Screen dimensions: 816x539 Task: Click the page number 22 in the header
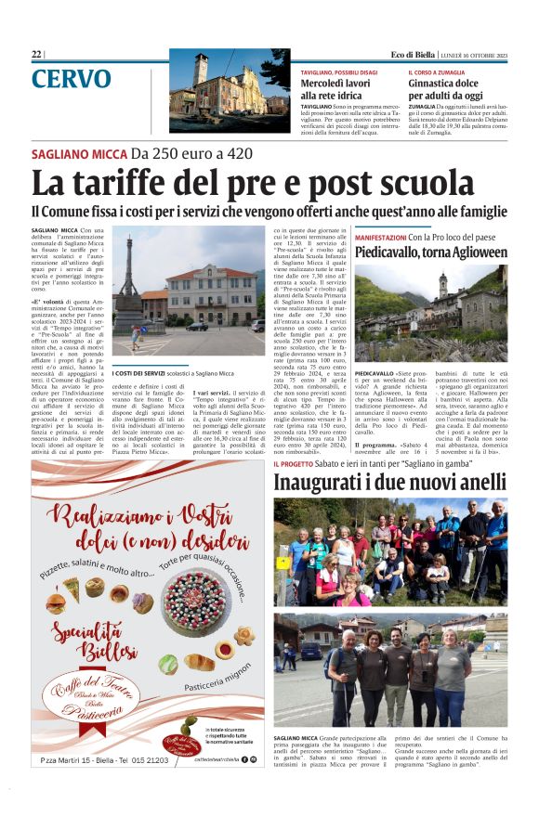tap(36, 55)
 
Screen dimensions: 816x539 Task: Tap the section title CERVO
tap(77, 79)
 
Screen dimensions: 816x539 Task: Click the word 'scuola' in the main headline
tap(428, 181)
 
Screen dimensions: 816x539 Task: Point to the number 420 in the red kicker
tap(238, 153)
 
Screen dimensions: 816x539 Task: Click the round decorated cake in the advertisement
tap(195, 603)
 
